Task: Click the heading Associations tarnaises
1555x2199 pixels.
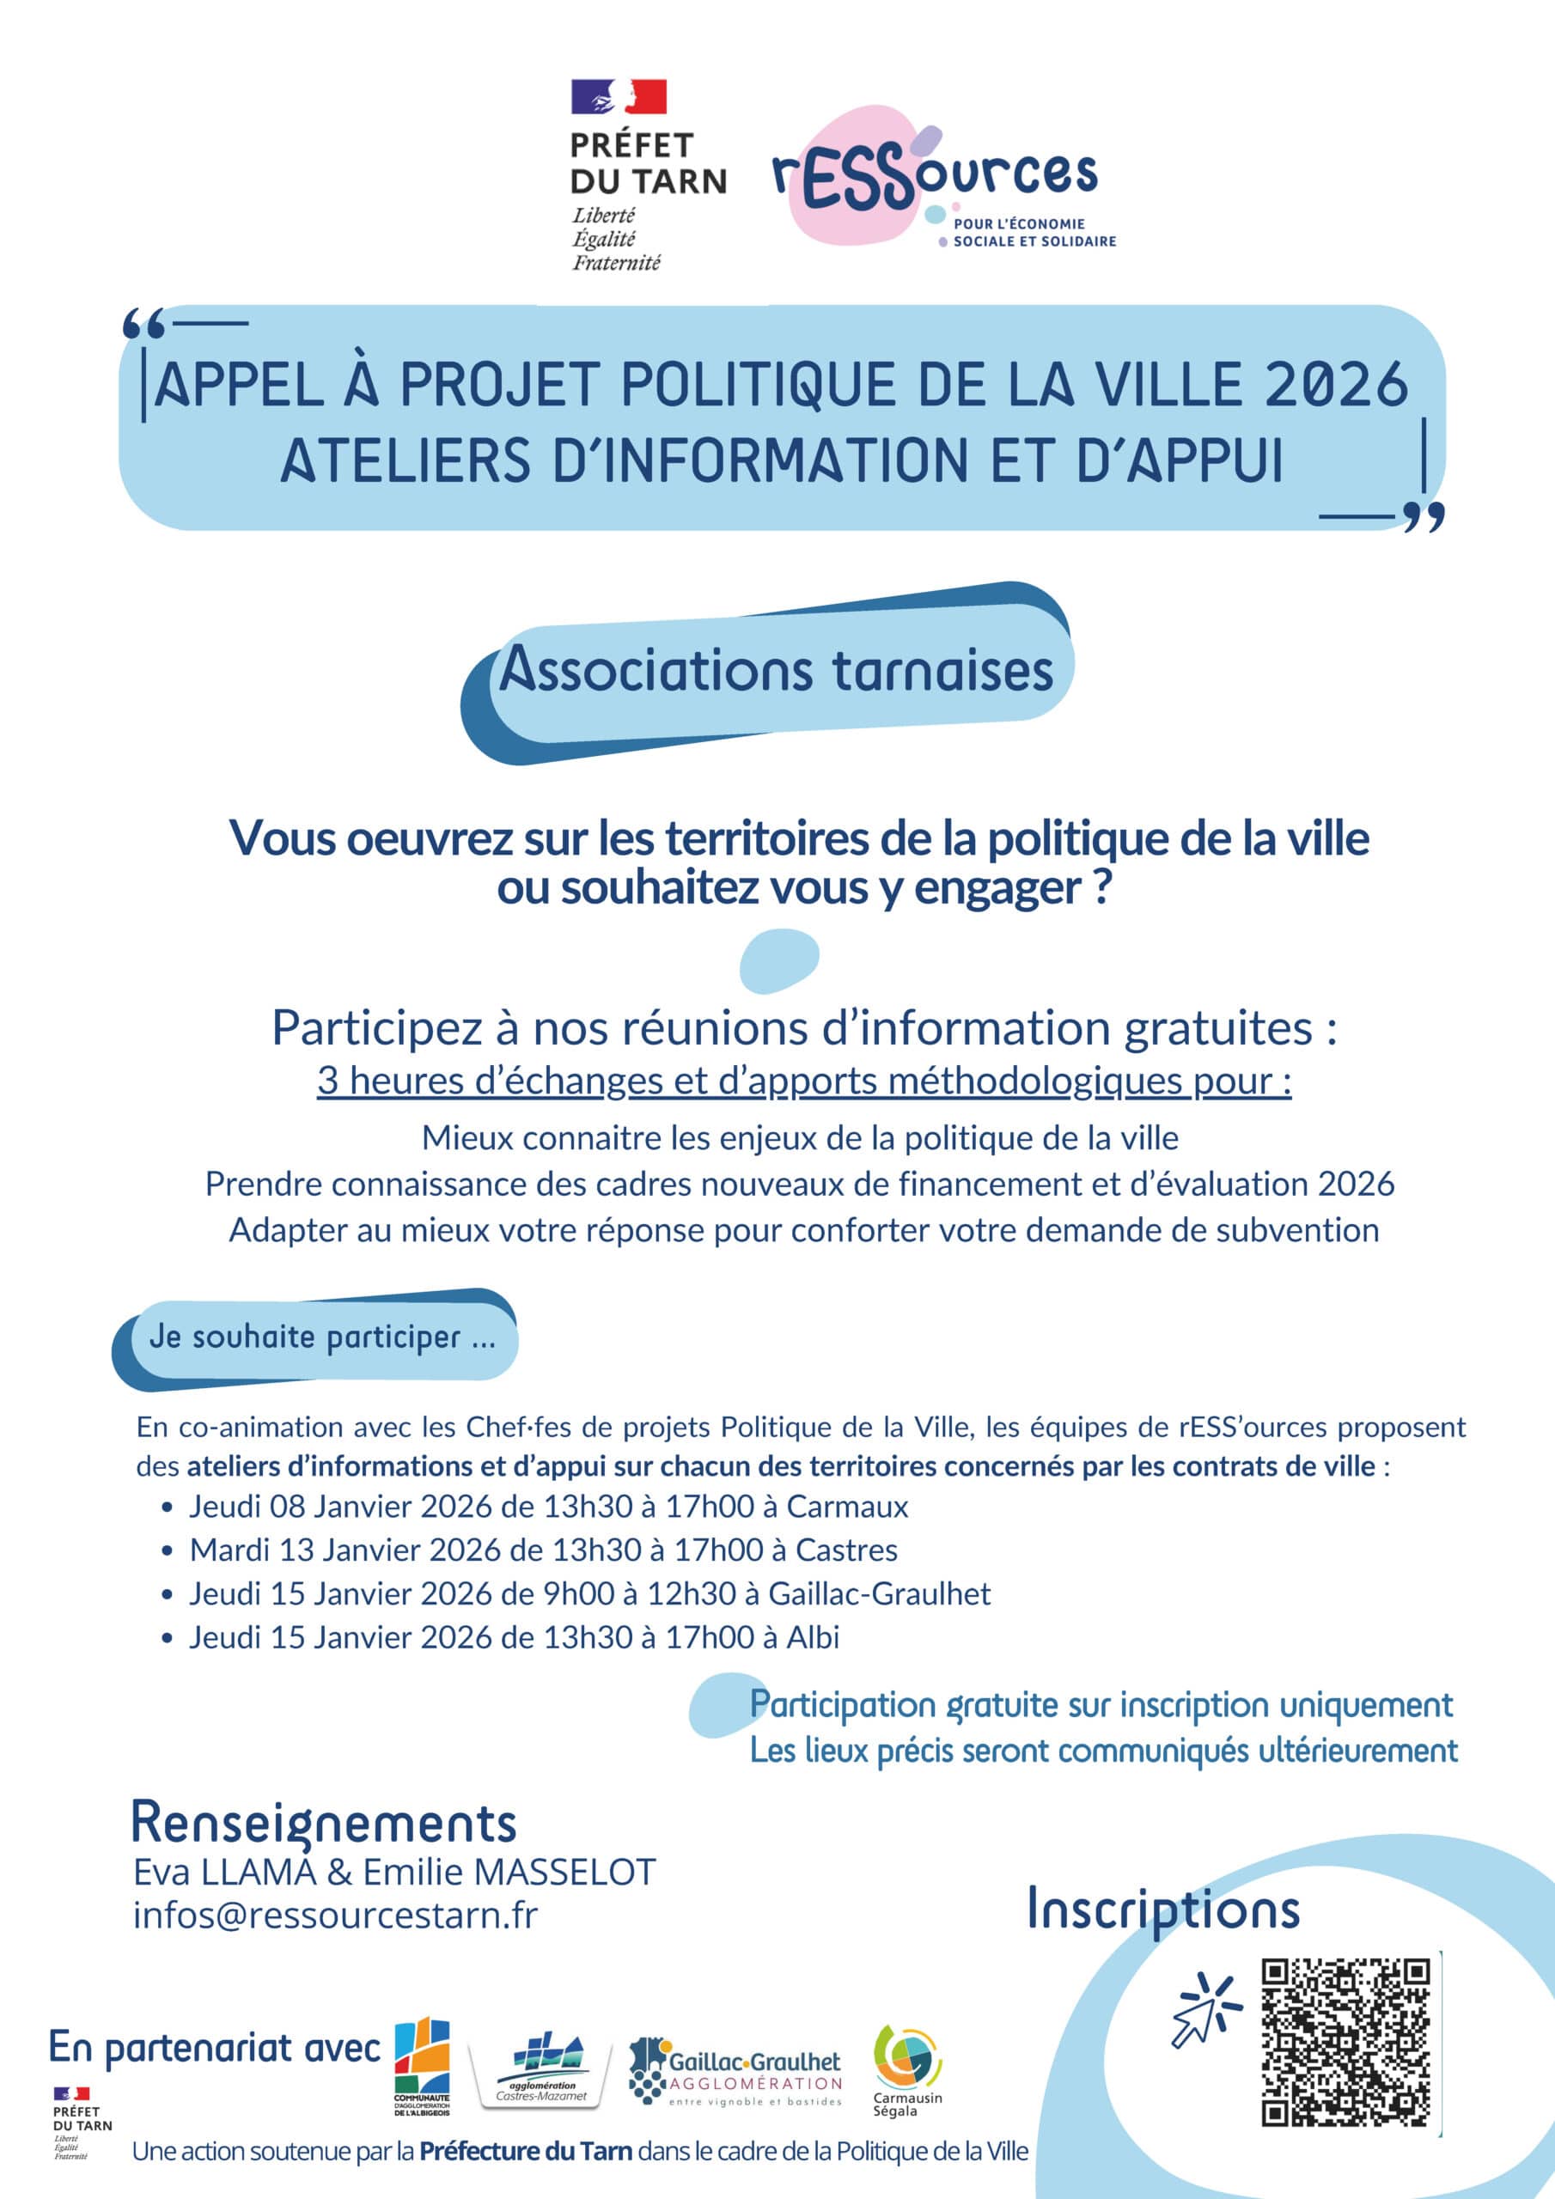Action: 776,669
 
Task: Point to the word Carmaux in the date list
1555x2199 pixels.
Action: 847,1507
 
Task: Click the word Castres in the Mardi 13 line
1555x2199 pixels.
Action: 846,1550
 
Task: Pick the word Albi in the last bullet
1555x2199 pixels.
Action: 813,1637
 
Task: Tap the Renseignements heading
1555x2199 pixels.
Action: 323,1822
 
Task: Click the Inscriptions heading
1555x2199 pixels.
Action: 1162,1909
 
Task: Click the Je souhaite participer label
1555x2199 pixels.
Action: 322,1337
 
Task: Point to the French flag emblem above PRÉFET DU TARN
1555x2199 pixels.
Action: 618,97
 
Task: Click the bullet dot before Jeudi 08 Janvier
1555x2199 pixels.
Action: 168,1508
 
